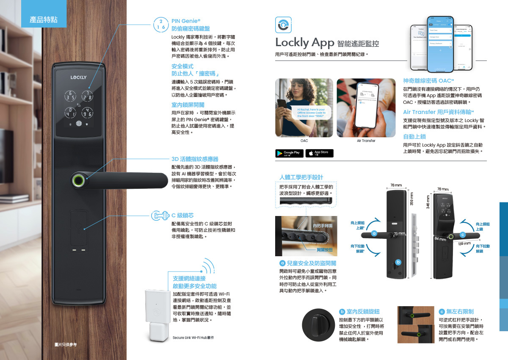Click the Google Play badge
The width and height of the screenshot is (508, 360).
tap(290, 153)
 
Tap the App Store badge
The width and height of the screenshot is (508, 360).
tap(319, 153)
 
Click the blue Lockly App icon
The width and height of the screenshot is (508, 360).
tap(282, 25)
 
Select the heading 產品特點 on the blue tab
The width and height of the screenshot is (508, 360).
tap(44, 19)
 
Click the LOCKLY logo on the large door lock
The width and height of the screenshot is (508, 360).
tap(78, 77)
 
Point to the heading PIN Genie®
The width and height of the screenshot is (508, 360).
tap(186, 20)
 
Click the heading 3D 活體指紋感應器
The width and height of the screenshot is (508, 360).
tap(195, 159)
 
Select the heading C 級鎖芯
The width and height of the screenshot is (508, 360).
tap(182, 215)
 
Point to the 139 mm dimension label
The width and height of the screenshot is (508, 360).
tap(464, 244)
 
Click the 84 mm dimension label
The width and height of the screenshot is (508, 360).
tap(440, 240)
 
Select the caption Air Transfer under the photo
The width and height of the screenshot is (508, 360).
tap(366, 141)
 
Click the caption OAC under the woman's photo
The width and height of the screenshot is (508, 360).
tap(304, 141)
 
